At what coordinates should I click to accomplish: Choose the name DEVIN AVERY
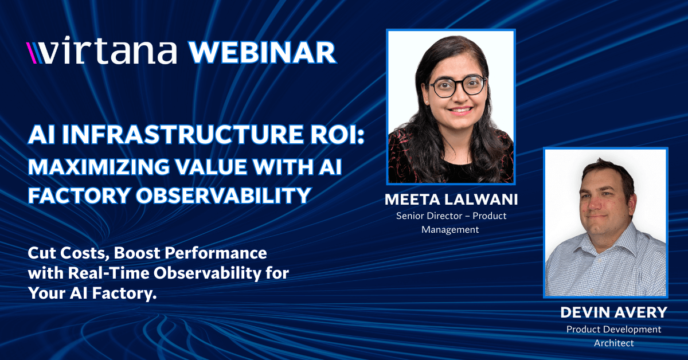pos(613,312)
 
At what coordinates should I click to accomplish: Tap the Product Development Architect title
pos(613,335)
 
